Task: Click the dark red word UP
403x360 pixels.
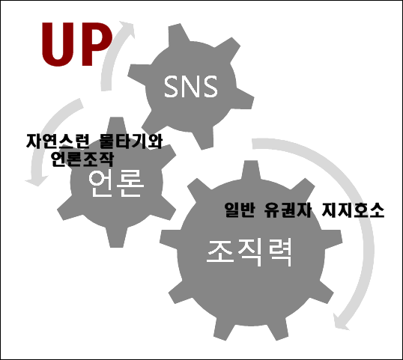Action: (x=77, y=44)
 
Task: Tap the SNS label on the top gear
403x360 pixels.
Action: (x=191, y=87)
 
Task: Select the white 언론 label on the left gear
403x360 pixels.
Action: (x=115, y=183)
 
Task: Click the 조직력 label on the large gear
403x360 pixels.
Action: (x=249, y=253)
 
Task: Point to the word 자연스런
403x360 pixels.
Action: (x=58, y=141)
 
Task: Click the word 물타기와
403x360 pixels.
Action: (x=131, y=141)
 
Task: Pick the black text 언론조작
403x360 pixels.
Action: (x=82, y=159)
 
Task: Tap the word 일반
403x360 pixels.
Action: (x=240, y=210)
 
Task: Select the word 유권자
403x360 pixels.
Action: (x=288, y=210)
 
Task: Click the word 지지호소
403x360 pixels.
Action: (x=353, y=210)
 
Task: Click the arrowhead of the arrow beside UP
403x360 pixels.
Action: (x=127, y=28)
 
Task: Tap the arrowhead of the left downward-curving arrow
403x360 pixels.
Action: (x=37, y=180)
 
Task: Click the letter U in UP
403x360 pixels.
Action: (x=57, y=44)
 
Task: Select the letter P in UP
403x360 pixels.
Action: (x=97, y=44)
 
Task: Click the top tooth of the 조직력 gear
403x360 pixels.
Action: (x=251, y=170)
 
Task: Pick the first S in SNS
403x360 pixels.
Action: (x=172, y=87)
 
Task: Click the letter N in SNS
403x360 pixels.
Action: (x=191, y=87)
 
